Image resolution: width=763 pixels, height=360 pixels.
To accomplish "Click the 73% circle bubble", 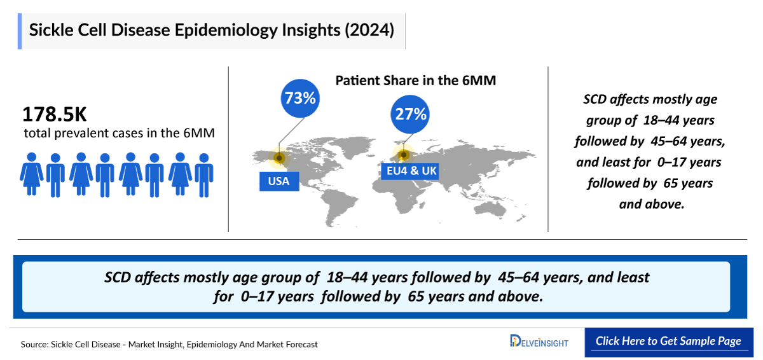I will pyautogui.click(x=300, y=99).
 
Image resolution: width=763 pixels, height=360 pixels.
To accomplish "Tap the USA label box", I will pyautogui.click(x=278, y=181).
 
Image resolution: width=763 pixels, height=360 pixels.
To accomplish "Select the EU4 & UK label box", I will pyautogui.click(x=412, y=171).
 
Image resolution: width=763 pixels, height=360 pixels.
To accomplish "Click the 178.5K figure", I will pyautogui.click(x=54, y=114).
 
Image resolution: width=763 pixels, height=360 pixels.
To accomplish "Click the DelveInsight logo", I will pyautogui.click(x=539, y=342).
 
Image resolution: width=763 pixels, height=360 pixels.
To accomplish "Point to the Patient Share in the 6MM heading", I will pyautogui.click(x=415, y=81).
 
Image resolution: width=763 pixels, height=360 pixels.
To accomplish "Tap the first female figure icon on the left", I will pyautogui.click(x=31, y=174).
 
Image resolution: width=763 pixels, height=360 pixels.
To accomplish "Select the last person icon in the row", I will pyautogui.click(x=203, y=174).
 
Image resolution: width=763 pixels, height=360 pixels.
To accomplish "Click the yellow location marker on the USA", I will pyautogui.click(x=278, y=158).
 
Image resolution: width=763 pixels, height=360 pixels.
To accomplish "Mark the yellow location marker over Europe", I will pyautogui.click(x=403, y=154).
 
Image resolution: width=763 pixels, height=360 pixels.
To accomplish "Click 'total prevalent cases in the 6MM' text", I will pyautogui.click(x=118, y=134).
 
